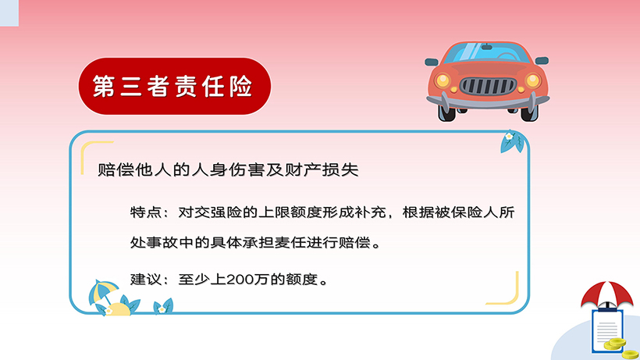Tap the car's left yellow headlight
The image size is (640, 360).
(443, 80)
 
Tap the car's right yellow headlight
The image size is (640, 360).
(532, 80)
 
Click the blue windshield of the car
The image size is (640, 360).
(488, 53)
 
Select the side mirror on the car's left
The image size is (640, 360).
(432, 60)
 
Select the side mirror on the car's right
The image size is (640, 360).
(542, 60)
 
